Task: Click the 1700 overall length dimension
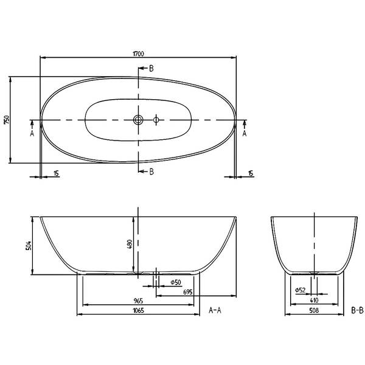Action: point(138,54)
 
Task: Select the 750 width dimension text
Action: point(7,120)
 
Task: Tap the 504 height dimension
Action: point(28,246)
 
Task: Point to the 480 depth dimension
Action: point(130,244)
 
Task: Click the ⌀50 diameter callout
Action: point(176,282)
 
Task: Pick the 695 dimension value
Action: point(187,292)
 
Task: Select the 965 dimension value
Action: point(138,301)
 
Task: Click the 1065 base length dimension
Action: point(138,310)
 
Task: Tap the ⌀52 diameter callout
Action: point(300,290)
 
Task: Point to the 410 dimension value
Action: point(314,301)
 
